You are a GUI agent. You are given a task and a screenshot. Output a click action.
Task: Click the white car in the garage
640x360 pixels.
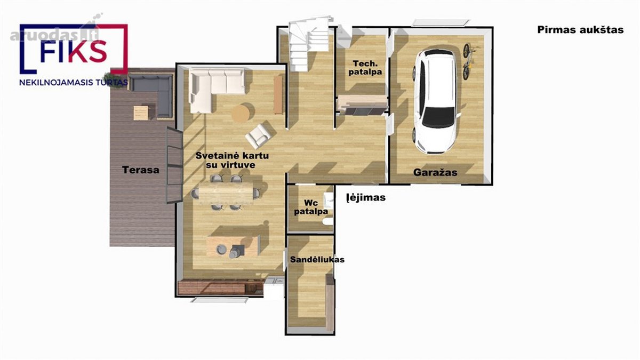436,101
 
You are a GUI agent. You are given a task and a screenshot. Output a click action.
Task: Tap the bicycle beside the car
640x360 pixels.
468,61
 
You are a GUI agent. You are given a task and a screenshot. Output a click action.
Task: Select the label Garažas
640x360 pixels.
435,172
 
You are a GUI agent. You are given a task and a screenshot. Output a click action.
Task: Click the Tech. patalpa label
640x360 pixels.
365,67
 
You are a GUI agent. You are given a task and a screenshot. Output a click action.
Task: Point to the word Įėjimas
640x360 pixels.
366,197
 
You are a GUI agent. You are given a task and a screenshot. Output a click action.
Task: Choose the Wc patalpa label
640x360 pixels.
311,207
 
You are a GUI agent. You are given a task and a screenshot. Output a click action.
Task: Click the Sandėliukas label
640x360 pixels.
317,259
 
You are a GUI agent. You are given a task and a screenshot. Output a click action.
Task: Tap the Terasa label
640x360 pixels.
141,170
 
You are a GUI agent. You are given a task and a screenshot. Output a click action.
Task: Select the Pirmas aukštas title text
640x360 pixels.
580,30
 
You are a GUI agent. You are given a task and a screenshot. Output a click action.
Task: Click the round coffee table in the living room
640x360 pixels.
242,114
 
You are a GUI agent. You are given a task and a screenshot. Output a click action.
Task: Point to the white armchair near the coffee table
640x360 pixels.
259,136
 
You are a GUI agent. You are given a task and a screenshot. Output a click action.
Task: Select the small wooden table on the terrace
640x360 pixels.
141,113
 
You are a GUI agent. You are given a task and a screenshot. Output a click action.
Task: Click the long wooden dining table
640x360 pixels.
226,194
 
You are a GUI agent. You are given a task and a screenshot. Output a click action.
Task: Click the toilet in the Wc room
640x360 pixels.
327,221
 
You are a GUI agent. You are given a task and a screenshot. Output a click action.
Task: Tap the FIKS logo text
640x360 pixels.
74,52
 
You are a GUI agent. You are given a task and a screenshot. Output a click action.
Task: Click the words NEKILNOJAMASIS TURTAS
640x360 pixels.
74,83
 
